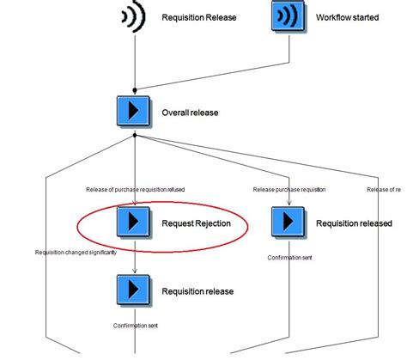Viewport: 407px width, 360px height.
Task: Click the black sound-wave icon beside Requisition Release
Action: click(132, 17)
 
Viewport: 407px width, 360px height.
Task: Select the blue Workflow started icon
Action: click(288, 17)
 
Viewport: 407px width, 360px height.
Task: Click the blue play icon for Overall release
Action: click(133, 112)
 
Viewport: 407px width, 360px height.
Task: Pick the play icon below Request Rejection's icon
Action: click(133, 290)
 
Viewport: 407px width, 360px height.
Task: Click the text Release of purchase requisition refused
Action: click(135, 190)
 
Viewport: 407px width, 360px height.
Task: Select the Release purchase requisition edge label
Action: click(289, 190)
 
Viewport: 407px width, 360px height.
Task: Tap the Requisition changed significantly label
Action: click(75, 253)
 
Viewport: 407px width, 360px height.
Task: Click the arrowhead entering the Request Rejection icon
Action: click(133, 203)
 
